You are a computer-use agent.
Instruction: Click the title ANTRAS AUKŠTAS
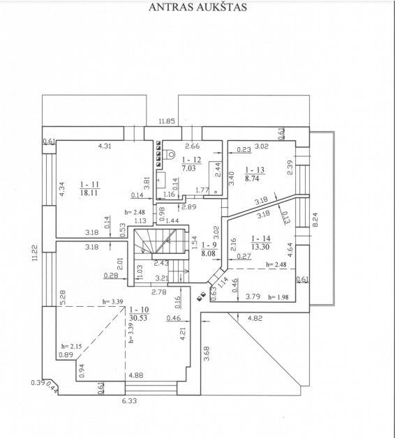tap(197, 7)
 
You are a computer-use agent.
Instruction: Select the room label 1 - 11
tap(90, 184)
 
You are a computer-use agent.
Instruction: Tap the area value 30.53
tap(138, 318)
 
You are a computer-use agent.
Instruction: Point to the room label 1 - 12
tap(191, 160)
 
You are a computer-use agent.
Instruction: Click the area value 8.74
tap(252, 179)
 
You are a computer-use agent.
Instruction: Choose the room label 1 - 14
tap(260, 239)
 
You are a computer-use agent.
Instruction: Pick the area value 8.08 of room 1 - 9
tap(209, 253)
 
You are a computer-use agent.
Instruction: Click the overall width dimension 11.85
tap(167, 121)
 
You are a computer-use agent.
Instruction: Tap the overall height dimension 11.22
tap(35, 252)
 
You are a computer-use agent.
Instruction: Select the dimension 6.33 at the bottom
tap(129, 401)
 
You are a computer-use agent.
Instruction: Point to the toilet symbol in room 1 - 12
tap(170, 154)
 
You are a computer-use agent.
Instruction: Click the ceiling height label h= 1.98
tap(278, 297)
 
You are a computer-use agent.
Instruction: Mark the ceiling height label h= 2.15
tap(72, 347)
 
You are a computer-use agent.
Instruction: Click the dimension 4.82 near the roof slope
tap(255, 318)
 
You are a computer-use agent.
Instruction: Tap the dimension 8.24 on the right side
tap(315, 220)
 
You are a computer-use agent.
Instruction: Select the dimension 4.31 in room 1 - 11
tap(104, 146)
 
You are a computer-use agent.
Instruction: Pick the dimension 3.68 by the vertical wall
tap(207, 354)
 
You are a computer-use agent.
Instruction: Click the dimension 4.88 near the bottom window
tap(136, 375)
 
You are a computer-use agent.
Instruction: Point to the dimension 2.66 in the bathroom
tap(193, 146)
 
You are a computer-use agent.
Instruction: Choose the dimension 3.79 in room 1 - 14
tap(253, 296)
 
